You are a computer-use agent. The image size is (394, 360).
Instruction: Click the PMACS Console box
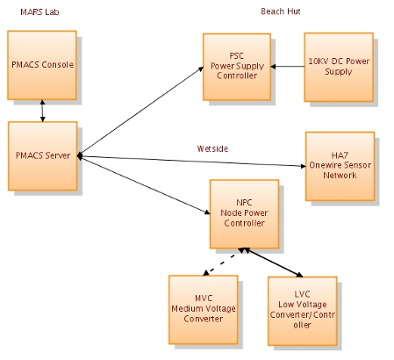(42, 65)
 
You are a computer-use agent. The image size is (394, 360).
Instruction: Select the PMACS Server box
(42, 155)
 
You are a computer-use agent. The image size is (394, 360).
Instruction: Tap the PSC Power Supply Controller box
(237, 67)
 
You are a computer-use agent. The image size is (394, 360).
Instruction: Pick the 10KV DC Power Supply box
(339, 67)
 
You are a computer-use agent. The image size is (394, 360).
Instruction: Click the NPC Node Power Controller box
(245, 213)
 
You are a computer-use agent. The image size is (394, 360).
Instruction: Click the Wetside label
(212, 148)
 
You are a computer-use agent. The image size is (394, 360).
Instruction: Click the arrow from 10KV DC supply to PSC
(288, 67)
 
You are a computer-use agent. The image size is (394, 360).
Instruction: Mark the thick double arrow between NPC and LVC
(275, 262)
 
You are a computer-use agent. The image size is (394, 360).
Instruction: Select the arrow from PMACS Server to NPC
(145, 184)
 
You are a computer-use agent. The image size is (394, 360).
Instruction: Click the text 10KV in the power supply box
(319, 61)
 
